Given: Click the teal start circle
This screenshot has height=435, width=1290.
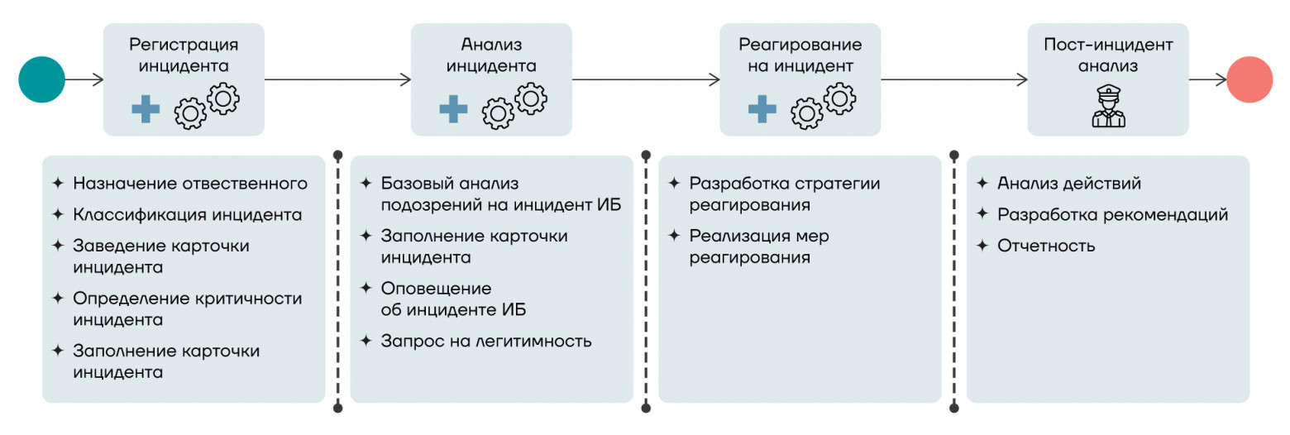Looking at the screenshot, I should [x=41, y=79].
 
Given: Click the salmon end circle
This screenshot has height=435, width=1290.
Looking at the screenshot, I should [x=1249, y=79].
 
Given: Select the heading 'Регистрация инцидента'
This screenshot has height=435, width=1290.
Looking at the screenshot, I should [x=184, y=55].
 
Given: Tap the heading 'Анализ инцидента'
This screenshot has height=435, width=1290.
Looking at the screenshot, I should [x=491, y=55].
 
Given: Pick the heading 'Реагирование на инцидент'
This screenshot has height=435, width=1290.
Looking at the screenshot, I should [x=800, y=55].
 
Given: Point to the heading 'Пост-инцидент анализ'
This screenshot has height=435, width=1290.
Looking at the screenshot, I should [x=1107, y=55].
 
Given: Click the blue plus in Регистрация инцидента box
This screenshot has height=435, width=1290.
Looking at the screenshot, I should [x=146, y=109].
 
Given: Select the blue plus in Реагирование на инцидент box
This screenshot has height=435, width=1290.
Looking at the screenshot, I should [x=762, y=109].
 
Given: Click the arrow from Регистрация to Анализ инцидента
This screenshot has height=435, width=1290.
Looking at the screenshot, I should [x=337, y=79].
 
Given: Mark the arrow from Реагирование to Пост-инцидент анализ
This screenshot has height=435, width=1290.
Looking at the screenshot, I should [x=954, y=79].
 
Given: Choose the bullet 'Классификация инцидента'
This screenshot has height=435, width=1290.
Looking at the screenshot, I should [x=187, y=215].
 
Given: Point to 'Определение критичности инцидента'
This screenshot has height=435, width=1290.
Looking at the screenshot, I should [x=187, y=308].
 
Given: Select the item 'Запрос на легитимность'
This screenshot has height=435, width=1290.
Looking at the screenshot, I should [x=486, y=341].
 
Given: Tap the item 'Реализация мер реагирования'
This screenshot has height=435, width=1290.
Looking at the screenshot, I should [x=759, y=246].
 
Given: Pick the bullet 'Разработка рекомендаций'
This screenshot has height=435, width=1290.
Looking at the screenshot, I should [x=1112, y=215].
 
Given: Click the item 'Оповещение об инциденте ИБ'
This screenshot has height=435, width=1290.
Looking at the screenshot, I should [x=453, y=299].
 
